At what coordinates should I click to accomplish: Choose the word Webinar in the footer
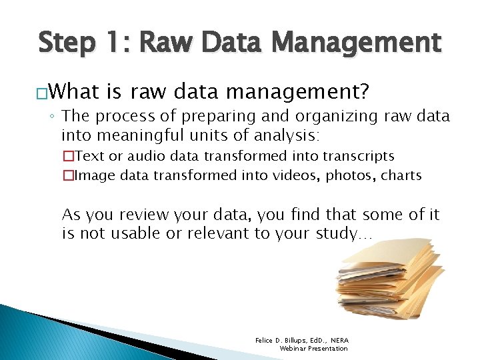(294, 349)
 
